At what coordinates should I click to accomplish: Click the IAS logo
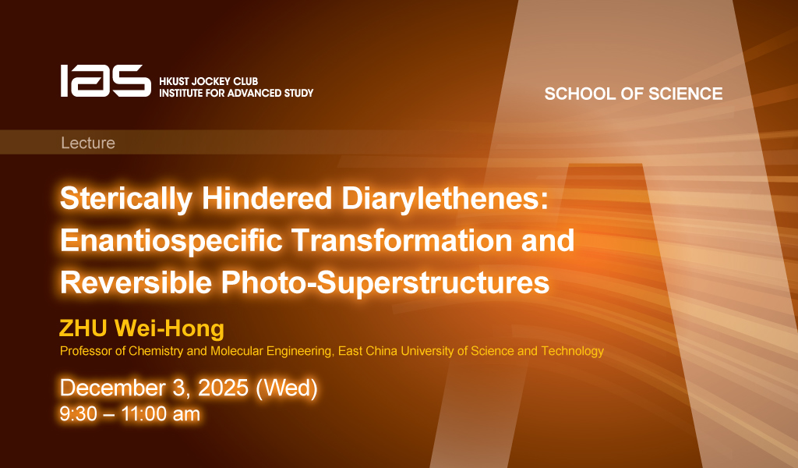point(106,80)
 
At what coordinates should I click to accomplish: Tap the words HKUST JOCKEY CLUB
point(209,81)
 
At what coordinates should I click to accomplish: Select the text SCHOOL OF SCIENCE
point(634,94)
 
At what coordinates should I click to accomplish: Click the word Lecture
point(88,143)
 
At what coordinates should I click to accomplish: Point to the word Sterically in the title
point(126,199)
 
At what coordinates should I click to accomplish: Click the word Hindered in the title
point(267,198)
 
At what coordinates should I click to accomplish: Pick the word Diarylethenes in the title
point(445,199)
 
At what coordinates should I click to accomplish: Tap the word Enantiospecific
point(171,241)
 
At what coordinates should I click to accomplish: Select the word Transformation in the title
point(401,240)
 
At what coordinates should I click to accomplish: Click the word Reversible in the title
point(136,282)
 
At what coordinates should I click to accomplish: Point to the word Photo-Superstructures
point(385,283)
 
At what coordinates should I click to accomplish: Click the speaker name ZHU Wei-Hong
point(142,328)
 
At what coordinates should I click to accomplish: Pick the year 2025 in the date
point(222,388)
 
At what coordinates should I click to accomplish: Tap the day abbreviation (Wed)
point(287,388)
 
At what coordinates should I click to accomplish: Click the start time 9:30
point(79,414)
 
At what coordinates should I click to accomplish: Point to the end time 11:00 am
point(161,414)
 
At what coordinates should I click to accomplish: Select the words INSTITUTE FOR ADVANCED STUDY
point(236,93)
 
